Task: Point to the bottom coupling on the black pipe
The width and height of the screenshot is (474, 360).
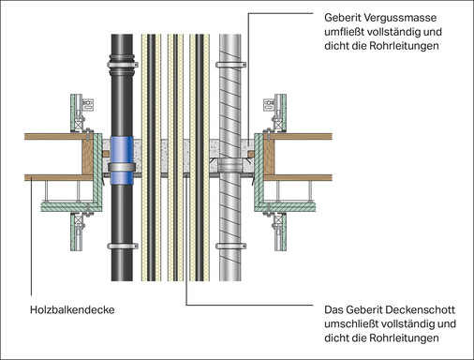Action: (x=120, y=249)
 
